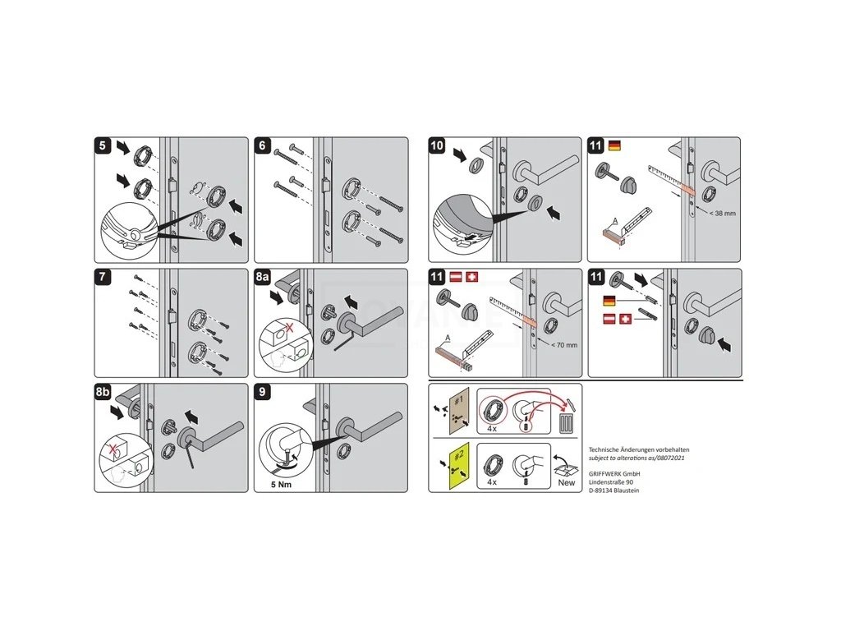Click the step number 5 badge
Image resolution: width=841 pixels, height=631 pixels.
coord(102,145)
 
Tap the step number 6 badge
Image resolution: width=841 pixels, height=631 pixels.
coord(263,145)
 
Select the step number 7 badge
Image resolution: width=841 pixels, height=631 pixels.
coord(102,277)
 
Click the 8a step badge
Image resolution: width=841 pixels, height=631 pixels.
coord(263,277)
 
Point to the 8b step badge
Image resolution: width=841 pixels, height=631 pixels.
coord(103,393)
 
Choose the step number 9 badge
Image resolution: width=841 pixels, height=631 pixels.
coord(263,393)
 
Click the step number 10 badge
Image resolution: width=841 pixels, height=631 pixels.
coord(437,145)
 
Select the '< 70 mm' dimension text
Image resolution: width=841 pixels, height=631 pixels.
coord(563,345)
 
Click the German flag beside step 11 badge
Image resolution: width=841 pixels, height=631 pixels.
coord(614,145)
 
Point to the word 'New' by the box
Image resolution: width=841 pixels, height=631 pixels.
coord(567,483)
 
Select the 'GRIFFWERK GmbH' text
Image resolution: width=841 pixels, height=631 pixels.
coord(614,474)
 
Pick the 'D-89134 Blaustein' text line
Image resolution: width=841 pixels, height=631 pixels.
coord(614,491)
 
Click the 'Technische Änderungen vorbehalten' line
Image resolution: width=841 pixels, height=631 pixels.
coord(638,449)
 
